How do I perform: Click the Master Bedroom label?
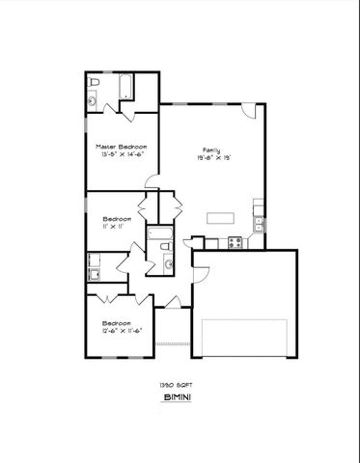pyautogui.click(x=122, y=146)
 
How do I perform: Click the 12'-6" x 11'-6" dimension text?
pyautogui.click(x=116, y=330)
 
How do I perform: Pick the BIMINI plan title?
pyautogui.click(x=178, y=397)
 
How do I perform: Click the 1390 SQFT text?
pyautogui.click(x=178, y=384)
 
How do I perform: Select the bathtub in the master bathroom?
pyautogui.click(x=125, y=90)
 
